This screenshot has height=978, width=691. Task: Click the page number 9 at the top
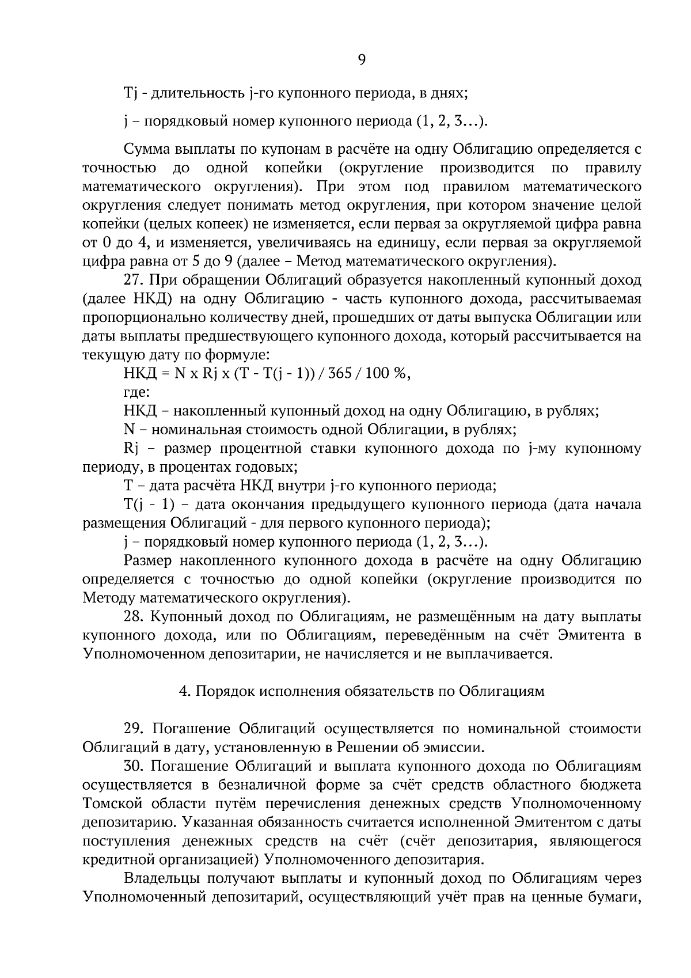pos(361,59)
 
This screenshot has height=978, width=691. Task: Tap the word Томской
pos(109,803)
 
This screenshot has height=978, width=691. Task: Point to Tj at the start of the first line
pos(128,93)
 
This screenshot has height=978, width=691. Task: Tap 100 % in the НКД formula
pos(389,373)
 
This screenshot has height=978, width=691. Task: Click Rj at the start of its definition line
pos(130,449)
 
